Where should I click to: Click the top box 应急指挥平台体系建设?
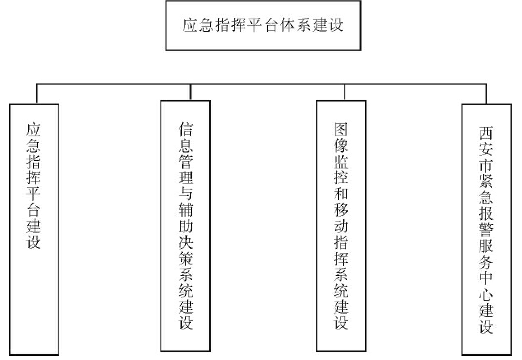263,26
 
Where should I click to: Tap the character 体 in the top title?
286,26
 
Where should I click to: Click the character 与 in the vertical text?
186,196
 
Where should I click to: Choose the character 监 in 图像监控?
341,162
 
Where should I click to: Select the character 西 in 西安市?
486,134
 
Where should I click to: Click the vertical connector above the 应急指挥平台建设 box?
37,94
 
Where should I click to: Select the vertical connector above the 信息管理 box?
190,92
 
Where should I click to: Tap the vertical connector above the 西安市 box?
486,94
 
